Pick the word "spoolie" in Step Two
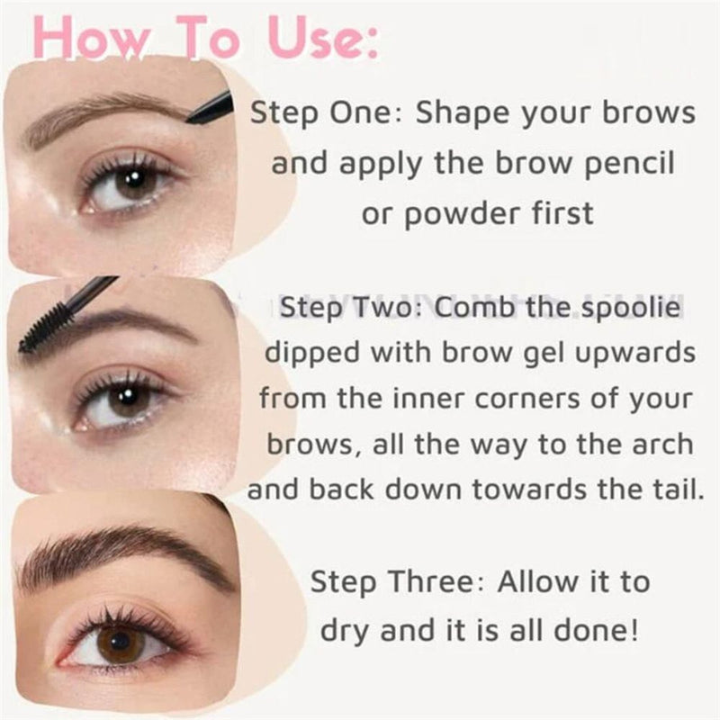pyautogui.click(x=631, y=308)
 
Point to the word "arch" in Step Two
pyautogui.click(x=662, y=444)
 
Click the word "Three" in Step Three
pyautogui.click(x=431, y=581)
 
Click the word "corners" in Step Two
pyautogui.click(x=527, y=400)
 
